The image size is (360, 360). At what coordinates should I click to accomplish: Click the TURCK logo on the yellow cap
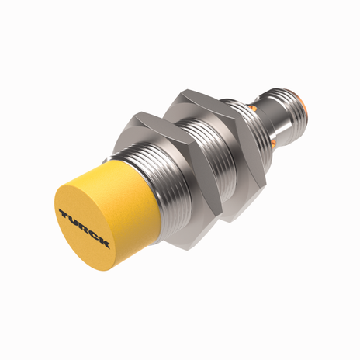84,224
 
